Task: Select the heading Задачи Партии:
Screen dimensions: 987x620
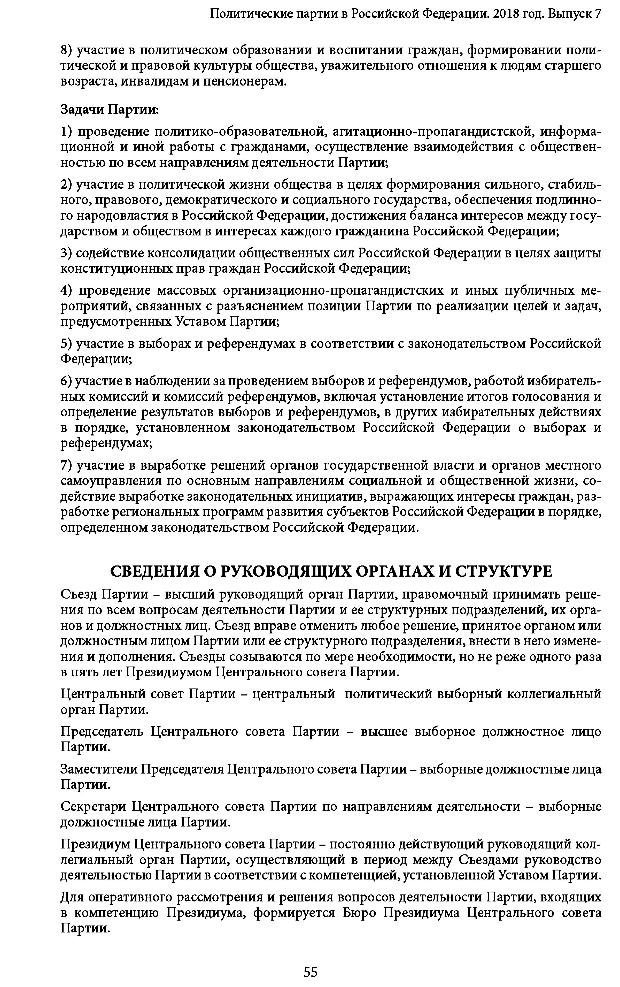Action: point(110,109)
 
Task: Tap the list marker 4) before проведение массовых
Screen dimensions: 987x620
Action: point(66,290)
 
